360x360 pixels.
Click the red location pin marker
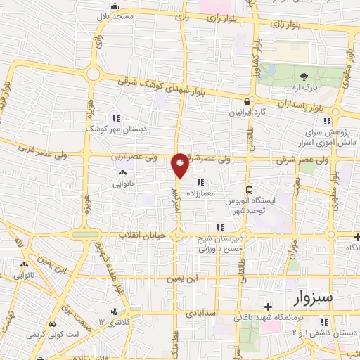[180, 165]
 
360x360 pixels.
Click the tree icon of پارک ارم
[304, 76]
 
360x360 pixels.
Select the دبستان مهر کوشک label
[105, 130]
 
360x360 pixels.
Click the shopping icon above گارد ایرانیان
[247, 101]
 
